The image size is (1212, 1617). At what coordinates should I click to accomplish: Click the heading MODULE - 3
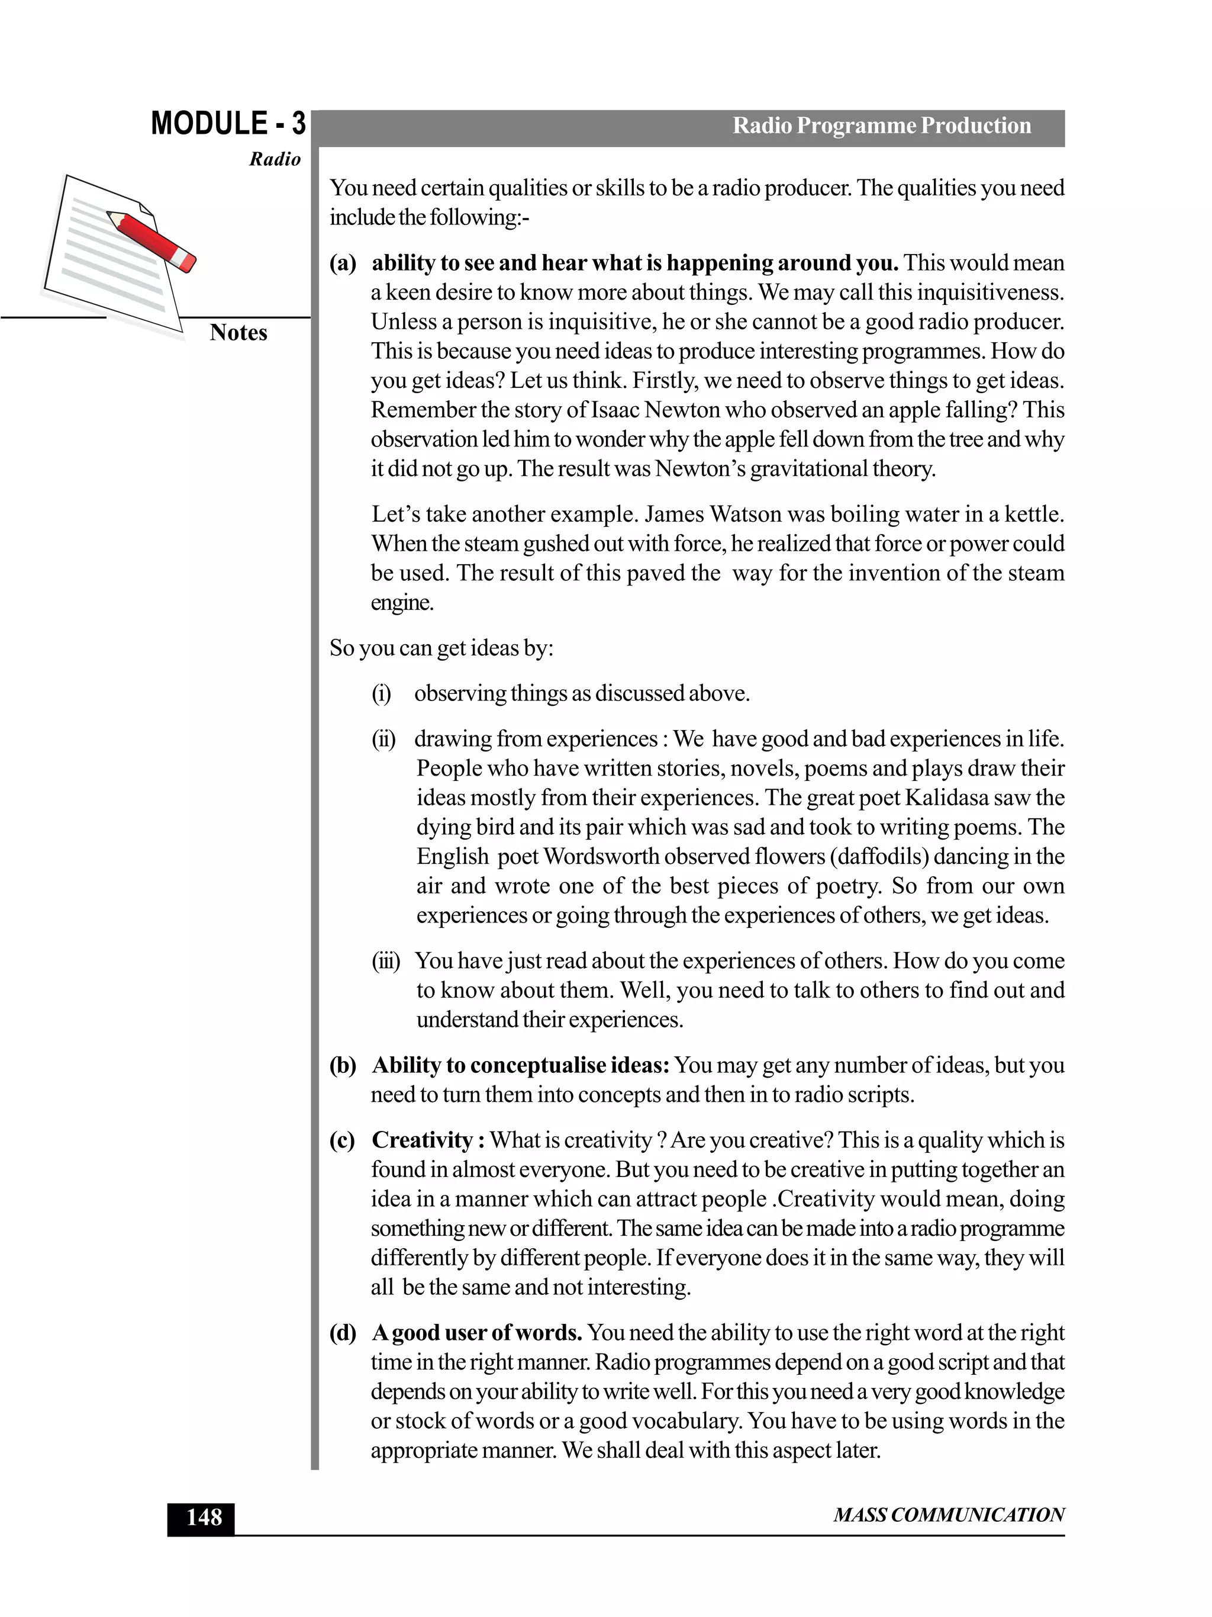tap(228, 124)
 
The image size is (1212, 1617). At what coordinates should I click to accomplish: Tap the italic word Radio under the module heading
tap(275, 159)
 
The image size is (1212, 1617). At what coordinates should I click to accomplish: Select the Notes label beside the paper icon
tap(238, 333)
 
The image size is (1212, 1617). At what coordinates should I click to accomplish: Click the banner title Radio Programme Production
tap(881, 126)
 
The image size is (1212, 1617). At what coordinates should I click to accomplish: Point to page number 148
tap(203, 1518)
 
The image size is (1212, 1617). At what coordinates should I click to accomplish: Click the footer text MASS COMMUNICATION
tap(948, 1515)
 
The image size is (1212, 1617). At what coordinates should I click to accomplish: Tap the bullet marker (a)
tap(343, 263)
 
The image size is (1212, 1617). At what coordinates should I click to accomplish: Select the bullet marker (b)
tap(343, 1065)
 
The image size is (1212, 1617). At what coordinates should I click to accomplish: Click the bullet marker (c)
tap(342, 1140)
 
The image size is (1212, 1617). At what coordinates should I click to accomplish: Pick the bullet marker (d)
tap(343, 1333)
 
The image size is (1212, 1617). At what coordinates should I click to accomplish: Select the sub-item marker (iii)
tap(386, 960)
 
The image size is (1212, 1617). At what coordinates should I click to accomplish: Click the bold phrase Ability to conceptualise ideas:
tap(520, 1065)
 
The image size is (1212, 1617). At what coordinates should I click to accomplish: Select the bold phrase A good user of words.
tap(476, 1333)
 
